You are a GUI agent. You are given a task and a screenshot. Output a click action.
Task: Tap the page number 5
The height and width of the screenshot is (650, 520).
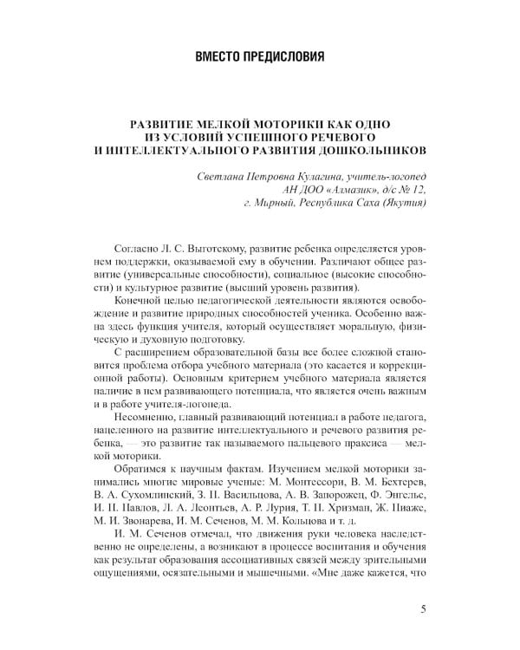422,608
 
